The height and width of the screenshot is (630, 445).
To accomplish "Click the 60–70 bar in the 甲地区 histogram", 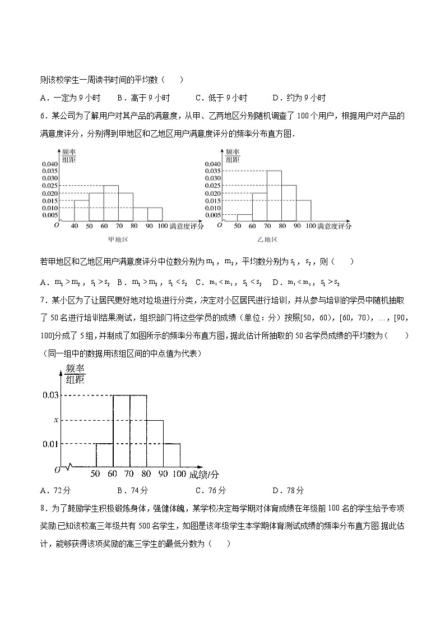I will (x=110, y=203).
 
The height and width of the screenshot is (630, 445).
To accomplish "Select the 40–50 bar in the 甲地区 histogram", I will (x=81, y=210).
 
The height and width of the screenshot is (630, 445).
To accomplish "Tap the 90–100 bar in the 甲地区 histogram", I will (x=155, y=214).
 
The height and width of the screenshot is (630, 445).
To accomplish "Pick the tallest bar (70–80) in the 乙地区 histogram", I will (x=274, y=196).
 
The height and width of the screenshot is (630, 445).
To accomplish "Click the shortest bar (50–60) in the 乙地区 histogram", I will (x=244, y=218).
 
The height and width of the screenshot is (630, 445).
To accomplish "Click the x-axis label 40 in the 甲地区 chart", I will (x=74, y=226).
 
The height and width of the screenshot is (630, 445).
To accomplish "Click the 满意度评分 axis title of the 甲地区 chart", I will (x=186, y=226).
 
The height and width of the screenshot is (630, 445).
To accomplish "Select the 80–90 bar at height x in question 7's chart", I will (x=155, y=443).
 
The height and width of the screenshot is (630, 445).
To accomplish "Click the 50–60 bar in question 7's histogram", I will (x=104, y=455).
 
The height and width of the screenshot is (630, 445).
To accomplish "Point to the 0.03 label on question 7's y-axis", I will (x=50, y=396).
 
